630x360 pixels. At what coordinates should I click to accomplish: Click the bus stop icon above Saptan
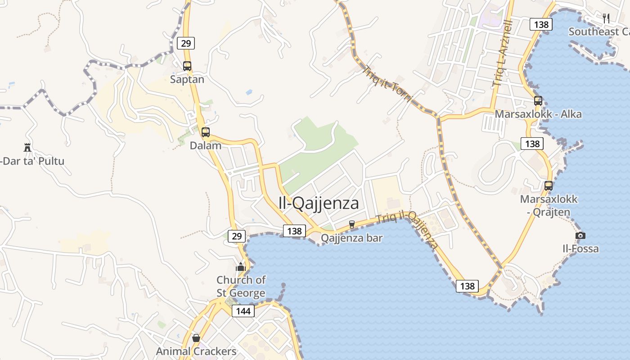pos(187,66)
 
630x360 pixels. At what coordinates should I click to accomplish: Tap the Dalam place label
pos(206,145)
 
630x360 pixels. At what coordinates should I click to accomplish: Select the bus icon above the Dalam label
pos(206,132)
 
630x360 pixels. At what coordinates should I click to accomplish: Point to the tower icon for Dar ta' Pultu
pos(27,147)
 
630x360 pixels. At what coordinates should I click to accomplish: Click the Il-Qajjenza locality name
pos(319,203)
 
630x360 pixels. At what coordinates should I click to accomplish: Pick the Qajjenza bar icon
pos(352,224)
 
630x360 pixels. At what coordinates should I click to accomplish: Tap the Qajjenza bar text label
pos(352,238)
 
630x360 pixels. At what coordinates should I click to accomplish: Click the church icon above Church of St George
pos(241,267)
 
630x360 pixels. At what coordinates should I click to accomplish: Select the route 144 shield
pos(243,310)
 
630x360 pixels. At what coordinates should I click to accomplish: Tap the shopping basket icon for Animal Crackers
pos(196,338)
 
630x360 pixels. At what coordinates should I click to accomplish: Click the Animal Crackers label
pos(196,351)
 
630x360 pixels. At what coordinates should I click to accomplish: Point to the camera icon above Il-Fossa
pos(580,235)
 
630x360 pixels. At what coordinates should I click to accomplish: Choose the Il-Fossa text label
pos(580,248)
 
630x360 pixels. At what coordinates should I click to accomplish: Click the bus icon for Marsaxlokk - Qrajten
pos(549,185)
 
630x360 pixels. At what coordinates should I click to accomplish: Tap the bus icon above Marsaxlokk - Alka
pos(538,101)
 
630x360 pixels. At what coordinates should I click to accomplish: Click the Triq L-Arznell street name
pos(503,53)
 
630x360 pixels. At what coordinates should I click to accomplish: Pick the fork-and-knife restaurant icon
pos(606,18)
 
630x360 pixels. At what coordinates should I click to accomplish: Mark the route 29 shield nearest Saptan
pos(185,43)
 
